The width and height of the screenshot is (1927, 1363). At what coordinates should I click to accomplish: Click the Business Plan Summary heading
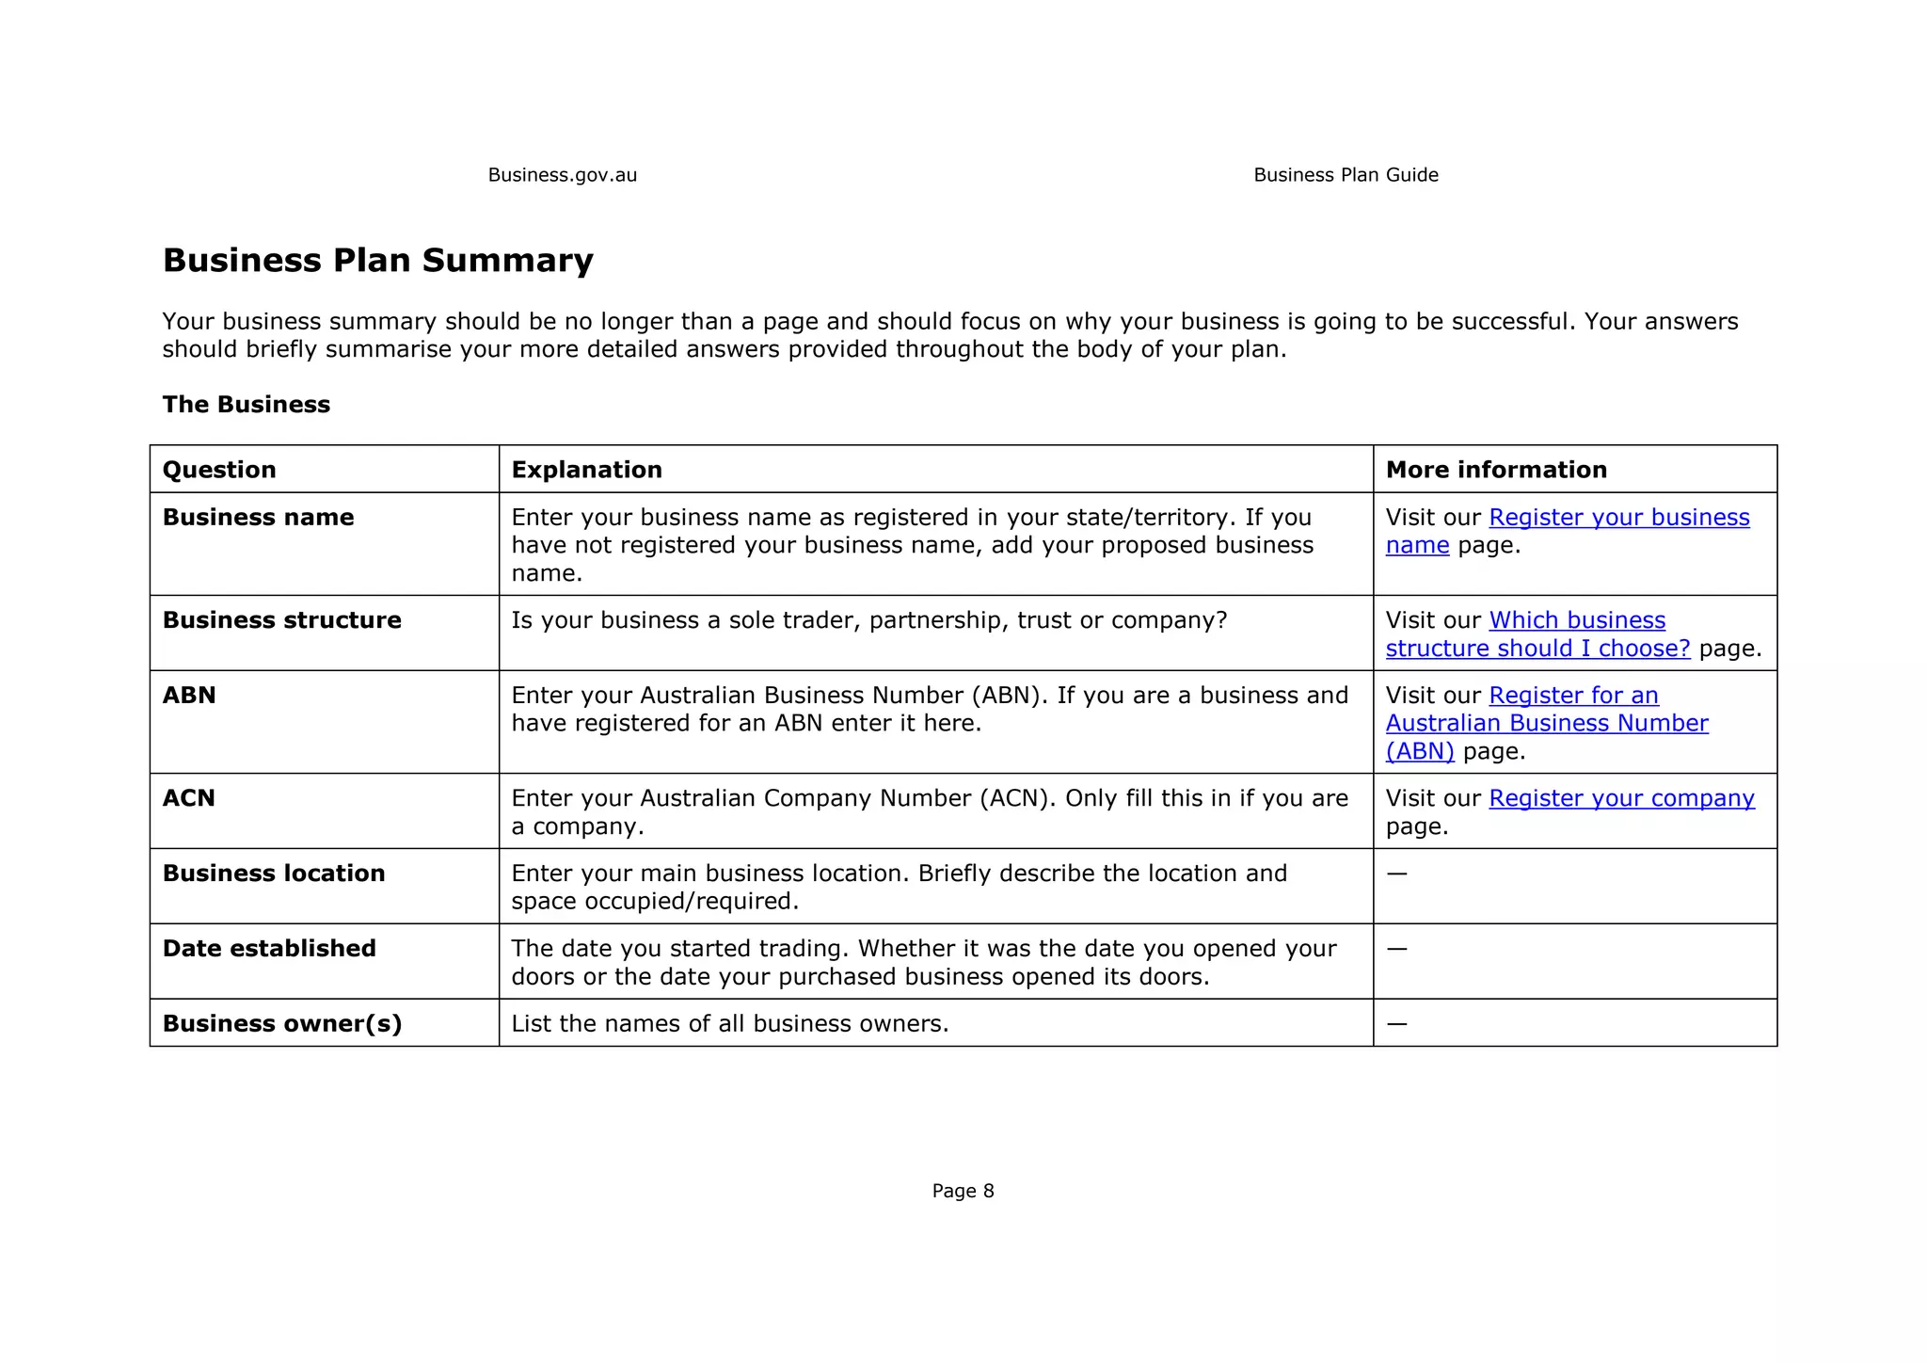(377, 261)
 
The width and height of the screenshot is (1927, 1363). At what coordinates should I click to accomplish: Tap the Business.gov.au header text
(562, 175)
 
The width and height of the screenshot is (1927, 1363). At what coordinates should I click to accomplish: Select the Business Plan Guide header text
(1346, 175)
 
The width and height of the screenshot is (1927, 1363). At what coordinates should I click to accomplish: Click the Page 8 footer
(963, 1191)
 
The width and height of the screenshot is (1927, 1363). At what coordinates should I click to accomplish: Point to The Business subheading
(246, 405)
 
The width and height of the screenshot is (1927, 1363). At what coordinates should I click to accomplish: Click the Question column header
(219, 470)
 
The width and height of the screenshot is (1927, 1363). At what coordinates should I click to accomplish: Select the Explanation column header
(586, 470)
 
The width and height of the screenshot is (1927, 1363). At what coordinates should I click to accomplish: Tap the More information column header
(1496, 470)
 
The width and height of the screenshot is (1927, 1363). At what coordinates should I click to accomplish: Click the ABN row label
(189, 696)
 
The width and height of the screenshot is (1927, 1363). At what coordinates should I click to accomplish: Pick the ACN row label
(189, 798)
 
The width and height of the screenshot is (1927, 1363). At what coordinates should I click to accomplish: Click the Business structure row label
(281, 620)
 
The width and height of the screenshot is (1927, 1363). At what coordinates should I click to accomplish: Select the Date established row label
(269, 949)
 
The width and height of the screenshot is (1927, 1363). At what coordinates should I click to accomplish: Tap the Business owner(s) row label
(282, 1024)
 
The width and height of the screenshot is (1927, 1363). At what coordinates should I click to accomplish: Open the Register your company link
(1621, 798)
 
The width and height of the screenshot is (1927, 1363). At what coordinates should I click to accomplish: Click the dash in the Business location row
(1396, 874)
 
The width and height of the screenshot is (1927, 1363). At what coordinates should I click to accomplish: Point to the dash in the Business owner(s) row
(1396, 1024)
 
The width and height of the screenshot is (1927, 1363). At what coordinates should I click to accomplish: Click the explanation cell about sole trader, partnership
(868, 620)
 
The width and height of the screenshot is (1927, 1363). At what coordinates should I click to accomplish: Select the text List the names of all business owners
(729, 1024)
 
